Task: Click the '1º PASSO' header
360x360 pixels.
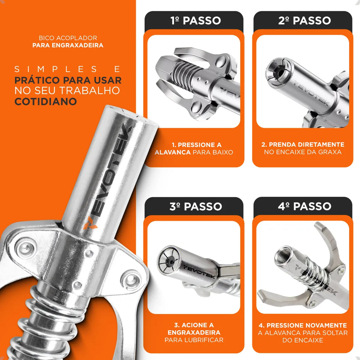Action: [195, 20]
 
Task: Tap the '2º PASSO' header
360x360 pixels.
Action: [304, 20]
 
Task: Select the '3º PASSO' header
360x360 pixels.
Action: [195, 206]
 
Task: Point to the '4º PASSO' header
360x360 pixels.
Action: [304, 206]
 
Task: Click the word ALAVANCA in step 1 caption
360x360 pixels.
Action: [173, 152]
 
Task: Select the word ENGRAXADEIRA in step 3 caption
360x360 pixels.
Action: [194, 333]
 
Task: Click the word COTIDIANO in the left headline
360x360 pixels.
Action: [46, 102]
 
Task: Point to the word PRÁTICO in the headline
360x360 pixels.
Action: [37, 80]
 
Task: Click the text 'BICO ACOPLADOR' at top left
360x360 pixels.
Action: [68, 38]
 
